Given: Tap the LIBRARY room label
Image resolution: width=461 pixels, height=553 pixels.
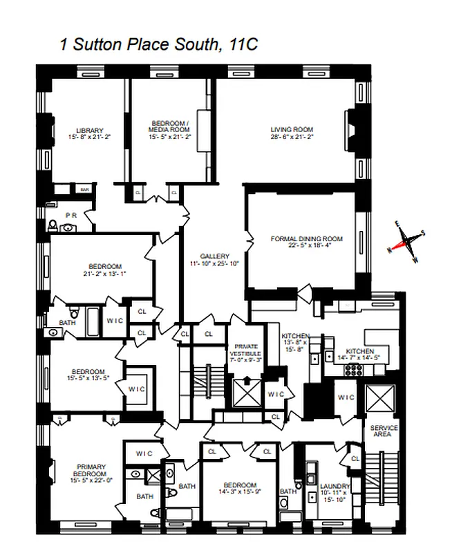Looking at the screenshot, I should pyautogui.click(x=90, y=130).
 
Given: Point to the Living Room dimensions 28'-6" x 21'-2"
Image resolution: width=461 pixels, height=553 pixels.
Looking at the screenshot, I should pyautogui.click(x=292, y=137).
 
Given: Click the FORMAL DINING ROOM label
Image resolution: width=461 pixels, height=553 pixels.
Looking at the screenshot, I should pyautogui.click(x=306, y=239).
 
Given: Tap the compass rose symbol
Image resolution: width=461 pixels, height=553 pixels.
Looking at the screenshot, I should pyautogui.click(x=408, y=242).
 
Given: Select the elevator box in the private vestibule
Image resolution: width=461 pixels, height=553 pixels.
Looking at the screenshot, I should pyautogui.click(x=245, y=392).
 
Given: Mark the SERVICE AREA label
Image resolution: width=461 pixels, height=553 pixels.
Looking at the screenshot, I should pyautogui.click(x=384, y=431).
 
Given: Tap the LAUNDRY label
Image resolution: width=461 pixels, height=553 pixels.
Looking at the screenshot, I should pyautogui.click(x=336, y=487).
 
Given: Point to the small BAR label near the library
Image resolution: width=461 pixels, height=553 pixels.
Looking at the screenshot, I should pyautogui.click(x=85, y=189).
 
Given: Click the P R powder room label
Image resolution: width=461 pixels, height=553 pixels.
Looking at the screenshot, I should pyautogui.click(x=71, y=215).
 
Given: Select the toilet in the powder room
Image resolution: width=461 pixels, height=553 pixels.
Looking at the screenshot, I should pyautogui.click(x=54, y=225).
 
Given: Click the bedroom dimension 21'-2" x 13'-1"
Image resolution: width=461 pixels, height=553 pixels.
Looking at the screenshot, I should pyautogui.click(x=104, y=274).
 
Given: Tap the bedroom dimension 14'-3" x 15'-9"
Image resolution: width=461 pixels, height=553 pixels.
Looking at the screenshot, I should pyautogui.click(x=240, y=493).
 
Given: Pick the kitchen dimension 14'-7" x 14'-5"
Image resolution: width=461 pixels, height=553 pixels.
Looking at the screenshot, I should pyautogui.click(x=363, y=358).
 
